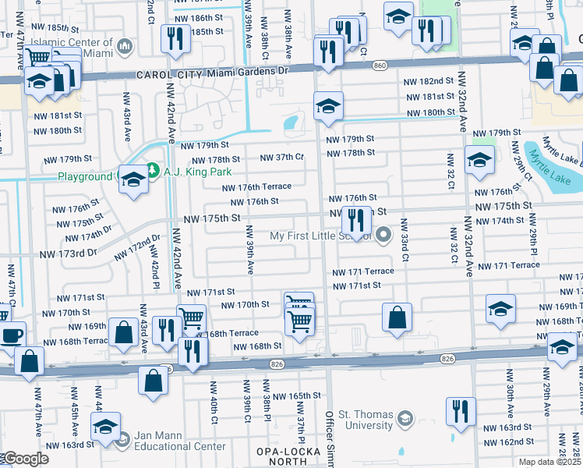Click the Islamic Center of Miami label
click(x=70, y=43)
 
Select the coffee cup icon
click(x=11, y=335)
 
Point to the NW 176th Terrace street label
click(x=256, y=187)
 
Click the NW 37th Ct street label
click(x=281, y=157)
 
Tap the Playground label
click(x=85, y=177)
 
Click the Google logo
click(x=25, y=459)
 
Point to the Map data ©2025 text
click(x=549, y=462)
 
